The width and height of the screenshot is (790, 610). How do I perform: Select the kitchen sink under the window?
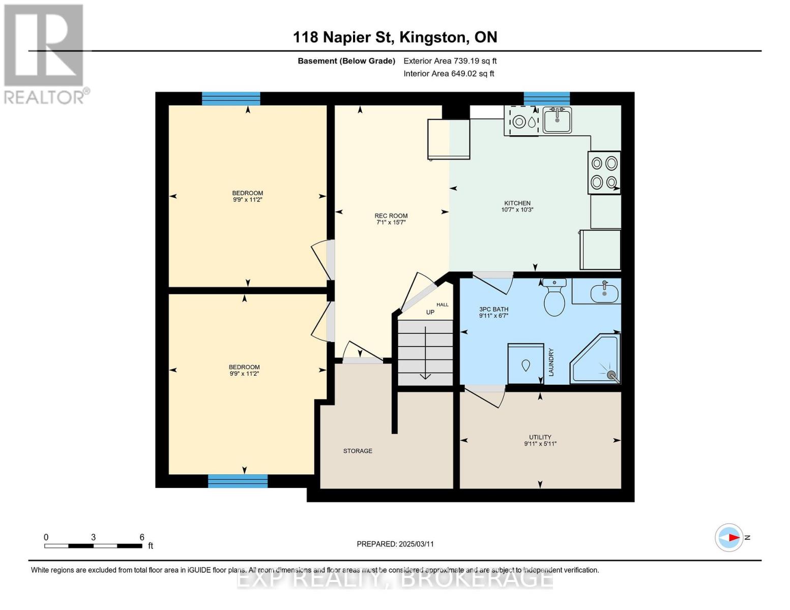[557, 120]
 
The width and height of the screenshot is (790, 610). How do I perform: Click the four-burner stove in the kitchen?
[604, 172]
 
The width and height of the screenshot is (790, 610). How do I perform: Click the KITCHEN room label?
[517, 203]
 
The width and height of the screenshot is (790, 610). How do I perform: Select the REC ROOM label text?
[391, 216]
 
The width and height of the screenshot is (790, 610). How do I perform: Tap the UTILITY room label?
[540, 437]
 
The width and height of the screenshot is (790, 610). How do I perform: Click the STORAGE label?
[358, 451]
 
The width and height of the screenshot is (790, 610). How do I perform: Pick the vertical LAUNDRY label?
[551, 362]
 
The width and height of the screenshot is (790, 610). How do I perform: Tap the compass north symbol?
[729, 537]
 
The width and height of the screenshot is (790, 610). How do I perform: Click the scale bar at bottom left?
[93, 546]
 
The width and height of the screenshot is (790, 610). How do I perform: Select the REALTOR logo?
[45, 53]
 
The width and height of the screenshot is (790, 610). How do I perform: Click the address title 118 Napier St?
[395, 37]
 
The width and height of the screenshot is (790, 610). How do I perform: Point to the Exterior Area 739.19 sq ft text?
[450, 61]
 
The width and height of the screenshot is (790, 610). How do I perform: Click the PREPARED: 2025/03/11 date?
[395, 544]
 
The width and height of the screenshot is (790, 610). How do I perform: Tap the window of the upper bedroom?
[231, 99]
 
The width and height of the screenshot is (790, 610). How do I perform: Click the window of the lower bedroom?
[238, 481]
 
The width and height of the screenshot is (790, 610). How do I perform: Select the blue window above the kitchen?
[546, 99]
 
